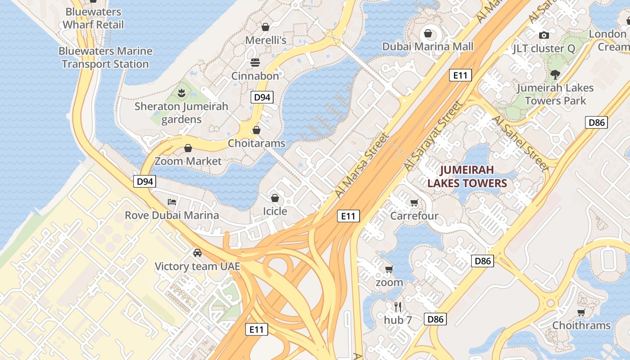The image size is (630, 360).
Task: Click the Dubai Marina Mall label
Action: tap(427, 46)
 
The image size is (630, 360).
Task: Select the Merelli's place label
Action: tap(265, 40)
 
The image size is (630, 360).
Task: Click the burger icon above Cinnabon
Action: tap(255, 62)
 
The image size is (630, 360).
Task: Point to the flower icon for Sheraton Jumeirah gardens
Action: tap(181, 93)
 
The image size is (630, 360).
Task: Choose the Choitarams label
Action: tap(256, 143)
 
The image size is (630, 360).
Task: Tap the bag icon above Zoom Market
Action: tap(188, 148)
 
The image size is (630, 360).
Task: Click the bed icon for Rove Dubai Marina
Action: tap(172, 202)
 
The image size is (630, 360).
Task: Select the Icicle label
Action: tap(275, 211)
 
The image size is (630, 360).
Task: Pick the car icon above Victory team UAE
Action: tap(197, 253)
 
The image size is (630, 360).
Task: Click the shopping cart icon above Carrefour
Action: tap(414, 202)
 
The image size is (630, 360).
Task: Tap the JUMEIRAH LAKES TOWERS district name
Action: tap(467, 176)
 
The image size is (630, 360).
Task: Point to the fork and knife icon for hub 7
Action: tap(398, 307)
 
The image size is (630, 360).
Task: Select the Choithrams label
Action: tap(581, 325)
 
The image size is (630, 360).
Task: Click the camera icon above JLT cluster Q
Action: tap(544, 35)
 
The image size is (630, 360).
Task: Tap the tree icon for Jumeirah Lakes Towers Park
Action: tap(555, 74)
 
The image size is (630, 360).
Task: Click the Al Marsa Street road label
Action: tap(361, 165)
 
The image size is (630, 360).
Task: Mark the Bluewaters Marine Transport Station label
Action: tap(105, 58)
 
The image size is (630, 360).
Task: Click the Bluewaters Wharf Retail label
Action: tap(93, 18)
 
